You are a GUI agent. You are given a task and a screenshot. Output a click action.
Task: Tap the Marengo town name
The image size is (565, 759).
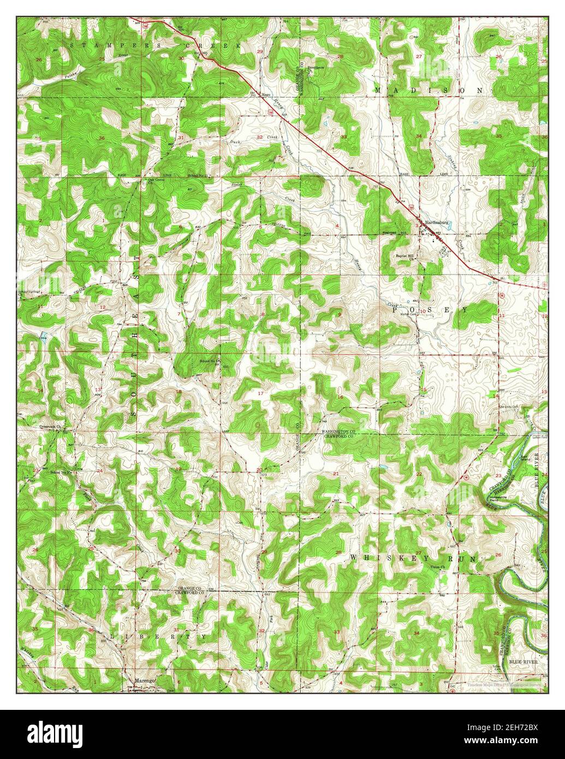pyautogui.click(x=144, y=680)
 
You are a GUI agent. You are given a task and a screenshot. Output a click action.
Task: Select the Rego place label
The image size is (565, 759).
pyautogui.click(x=266, y=94)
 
